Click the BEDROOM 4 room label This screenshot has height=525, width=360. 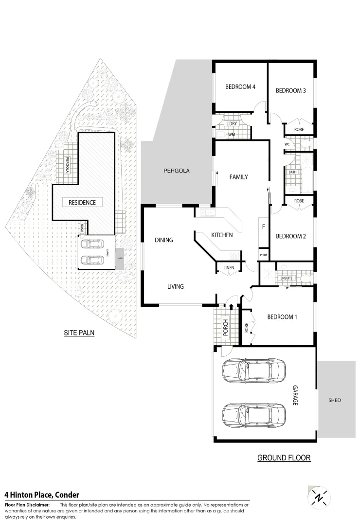(x=240, y=87)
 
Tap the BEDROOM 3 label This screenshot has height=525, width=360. (x=290, y=90)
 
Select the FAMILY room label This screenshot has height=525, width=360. (x=238, y=177)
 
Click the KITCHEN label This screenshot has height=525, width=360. (x=222, y=235)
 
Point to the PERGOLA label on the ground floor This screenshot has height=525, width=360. (x=176, y=171)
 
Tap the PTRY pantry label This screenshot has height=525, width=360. (x=264, y=255)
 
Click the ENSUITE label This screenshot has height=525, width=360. (x=286, y=278)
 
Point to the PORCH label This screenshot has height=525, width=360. (x=225, y=327)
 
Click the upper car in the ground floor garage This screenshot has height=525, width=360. (x=253, y=370)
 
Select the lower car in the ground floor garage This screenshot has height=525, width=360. (x=253, y=414)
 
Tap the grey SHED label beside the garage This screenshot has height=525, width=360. (x=335, y=401)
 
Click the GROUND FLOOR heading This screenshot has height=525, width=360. (x=284, y=458)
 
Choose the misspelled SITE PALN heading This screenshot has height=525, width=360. (x=79, y=333)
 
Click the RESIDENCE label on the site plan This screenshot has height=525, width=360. (x=82, y=202)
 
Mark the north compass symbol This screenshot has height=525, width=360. (x=319, y=497)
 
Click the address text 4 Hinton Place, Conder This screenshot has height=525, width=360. (x=42, y=495)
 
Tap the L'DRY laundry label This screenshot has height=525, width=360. (x=232, y=124)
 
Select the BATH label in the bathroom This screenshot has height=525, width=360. (x=292, y=172)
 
